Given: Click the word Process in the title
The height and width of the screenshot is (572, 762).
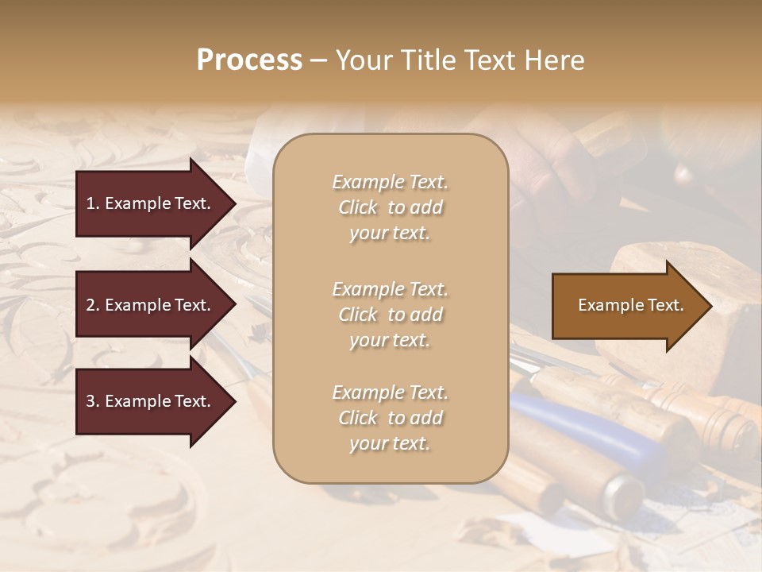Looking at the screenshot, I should click(249, 60).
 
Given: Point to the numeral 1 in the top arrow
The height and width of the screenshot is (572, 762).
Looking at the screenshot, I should click(90, 203).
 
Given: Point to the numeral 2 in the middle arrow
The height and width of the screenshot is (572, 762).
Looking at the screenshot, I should click(90, 305).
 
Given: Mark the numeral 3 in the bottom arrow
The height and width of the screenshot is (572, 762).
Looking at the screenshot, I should click(90, 401).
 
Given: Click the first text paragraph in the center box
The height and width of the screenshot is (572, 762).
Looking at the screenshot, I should click(391, 207).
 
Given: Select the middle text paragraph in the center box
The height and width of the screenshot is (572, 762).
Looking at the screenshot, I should click(391, 314).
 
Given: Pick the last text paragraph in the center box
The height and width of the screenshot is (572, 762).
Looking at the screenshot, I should click(391, 418).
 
